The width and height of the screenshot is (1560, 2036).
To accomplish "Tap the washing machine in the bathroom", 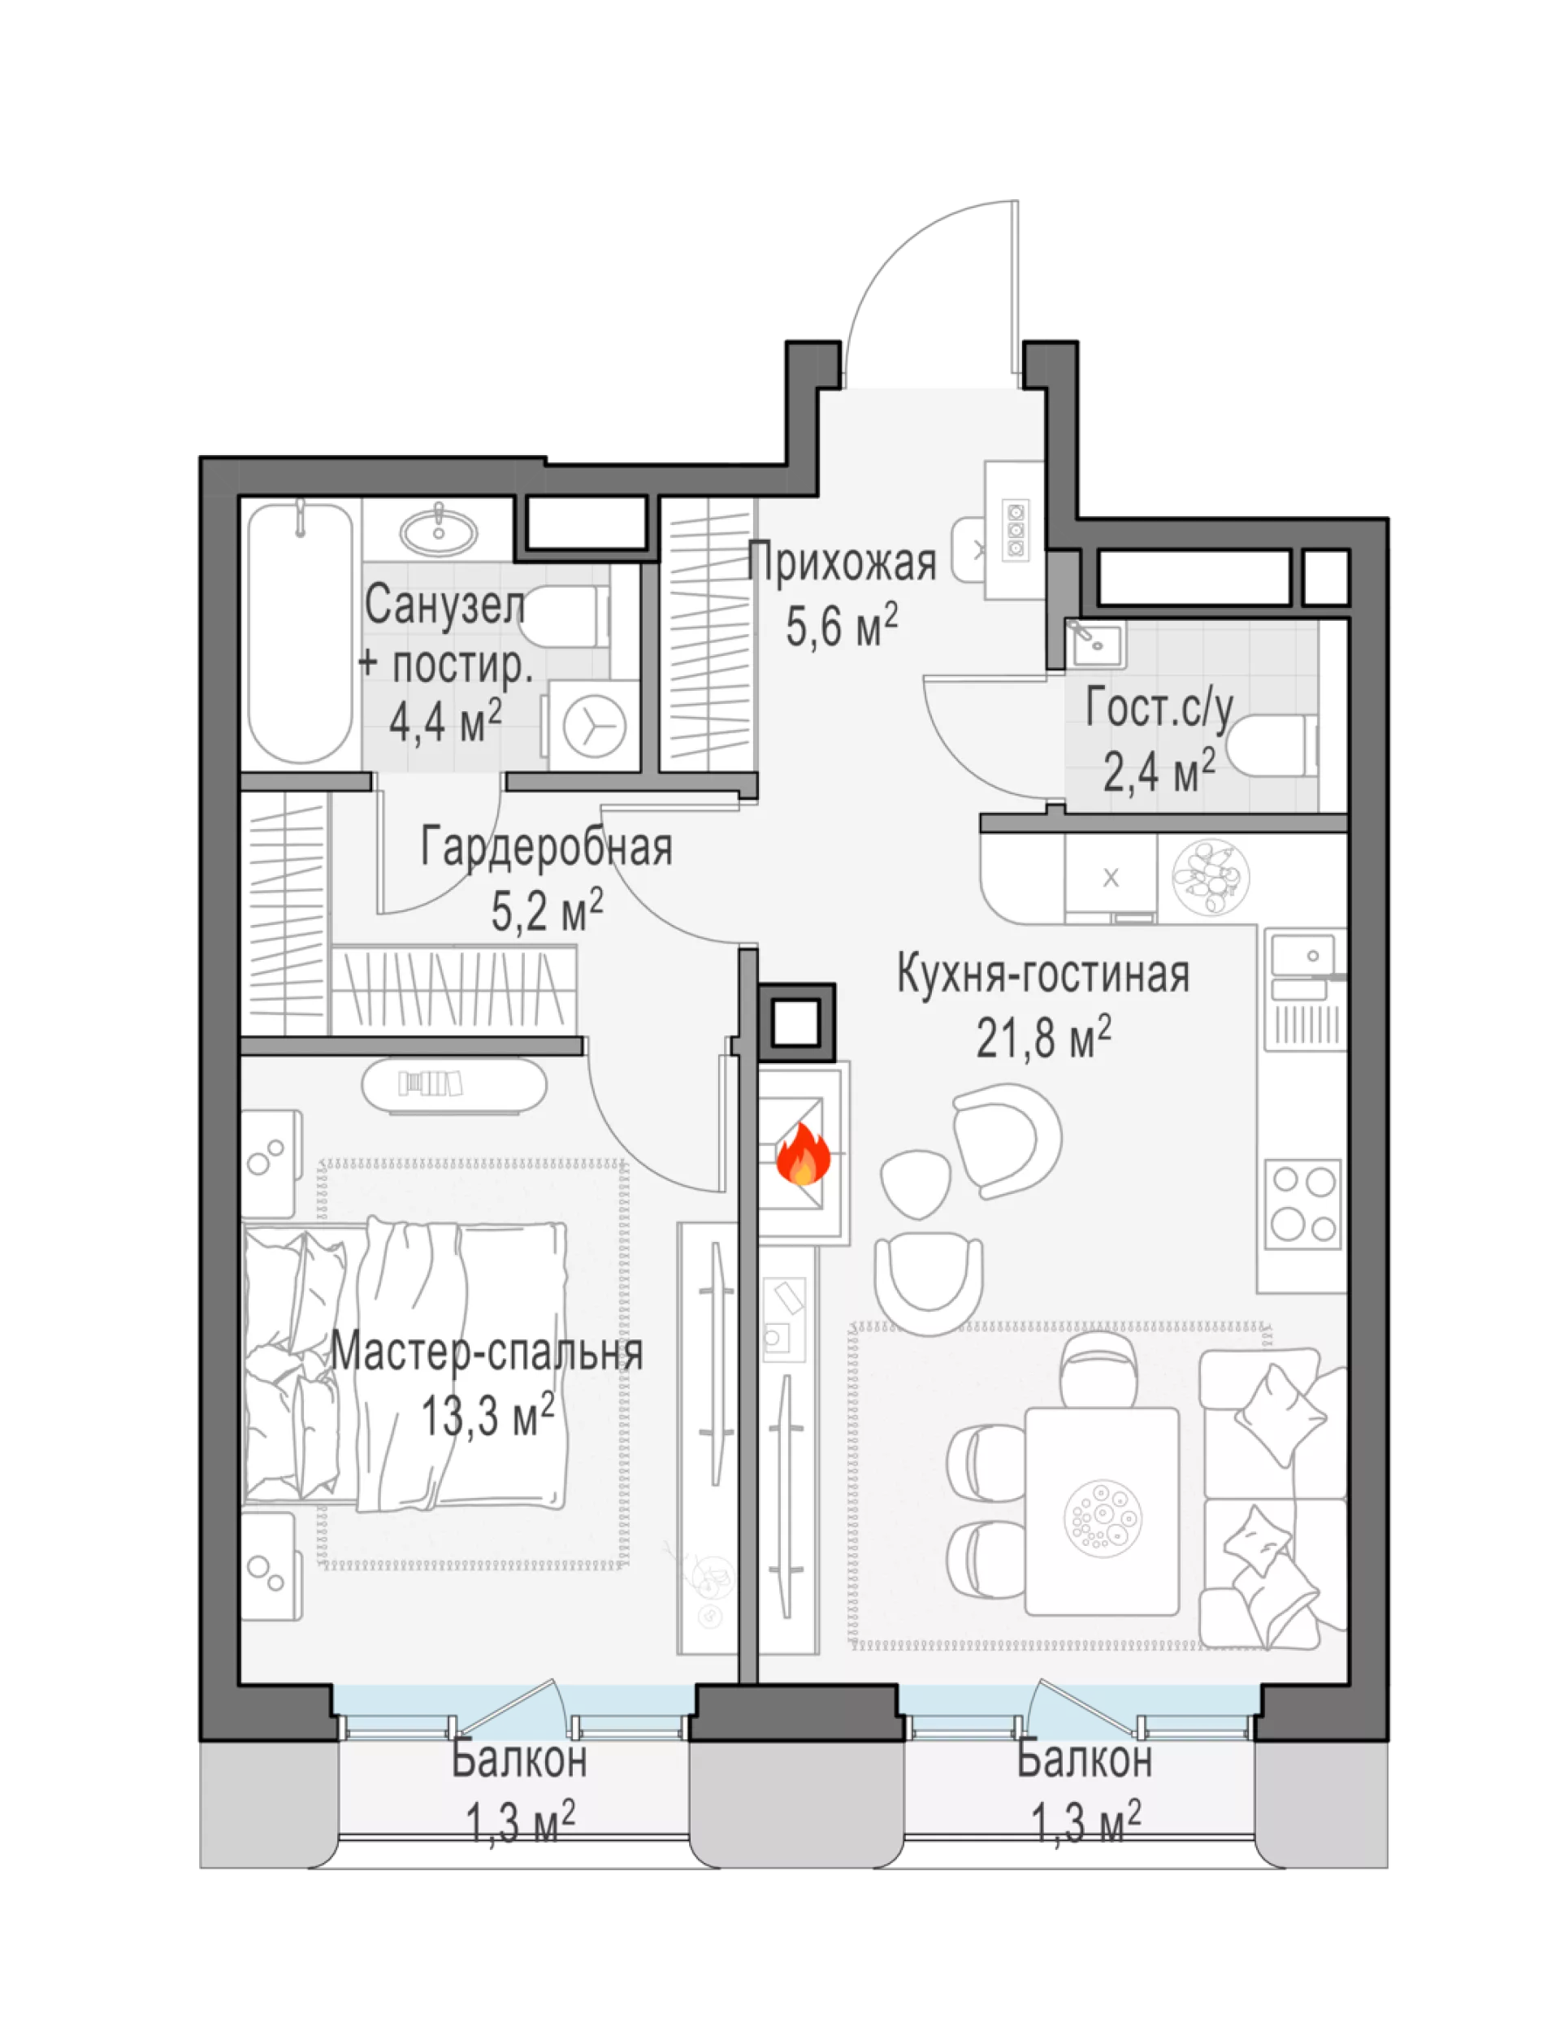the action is [594, 724].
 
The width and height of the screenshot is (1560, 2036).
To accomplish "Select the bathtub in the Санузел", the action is [301, 632].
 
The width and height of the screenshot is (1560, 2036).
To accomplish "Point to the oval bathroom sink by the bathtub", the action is [438, 532].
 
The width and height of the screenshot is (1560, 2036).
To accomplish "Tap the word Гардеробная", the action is [547, 847].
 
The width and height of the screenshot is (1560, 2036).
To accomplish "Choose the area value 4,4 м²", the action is [446, 721].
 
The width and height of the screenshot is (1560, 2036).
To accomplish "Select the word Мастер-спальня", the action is [487, 1352].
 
